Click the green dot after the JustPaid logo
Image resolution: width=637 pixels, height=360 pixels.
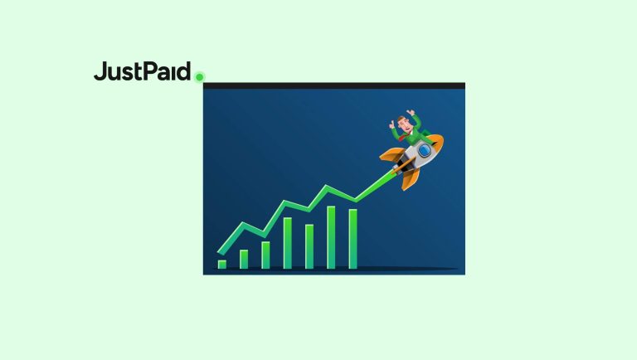tap(199, 77)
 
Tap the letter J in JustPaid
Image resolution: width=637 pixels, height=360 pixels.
tap(100, 71)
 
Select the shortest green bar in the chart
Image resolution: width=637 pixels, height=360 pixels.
tap(221, 264)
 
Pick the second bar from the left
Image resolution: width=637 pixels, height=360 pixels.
tap(244, 259)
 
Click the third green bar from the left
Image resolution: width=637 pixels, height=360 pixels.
tap(265, 255)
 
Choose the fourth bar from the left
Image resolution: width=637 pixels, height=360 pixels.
tap(287, 243)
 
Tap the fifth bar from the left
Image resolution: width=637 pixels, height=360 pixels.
tap(309, 246)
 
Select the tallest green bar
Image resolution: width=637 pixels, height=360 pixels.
tap(331, 237)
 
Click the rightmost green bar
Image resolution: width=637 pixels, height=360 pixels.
tap(353, 239)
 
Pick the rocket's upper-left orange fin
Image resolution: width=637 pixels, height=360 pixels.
tap(390, 154)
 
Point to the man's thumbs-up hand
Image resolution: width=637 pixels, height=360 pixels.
tap(393, 124)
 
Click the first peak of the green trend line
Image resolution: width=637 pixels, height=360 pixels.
tap(242, 222)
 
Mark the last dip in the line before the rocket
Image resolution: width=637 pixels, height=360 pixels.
tap(355, 200)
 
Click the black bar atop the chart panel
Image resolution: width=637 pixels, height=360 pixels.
tap(333, 85)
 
